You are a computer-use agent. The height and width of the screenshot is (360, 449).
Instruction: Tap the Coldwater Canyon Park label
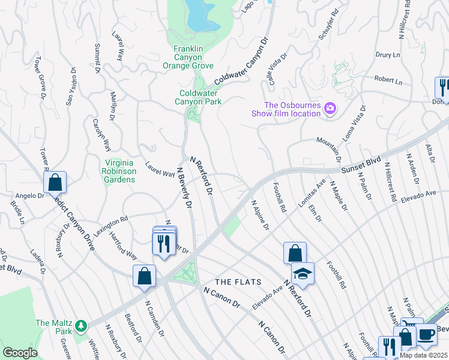[200, 97]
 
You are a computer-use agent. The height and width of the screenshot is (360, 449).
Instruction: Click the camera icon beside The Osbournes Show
[330, 109]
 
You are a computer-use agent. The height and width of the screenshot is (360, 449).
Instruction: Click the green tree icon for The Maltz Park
[80, 326]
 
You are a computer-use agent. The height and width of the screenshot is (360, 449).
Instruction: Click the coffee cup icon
[427, 334]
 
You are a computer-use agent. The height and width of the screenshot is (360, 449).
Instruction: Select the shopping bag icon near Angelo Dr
[55, 182]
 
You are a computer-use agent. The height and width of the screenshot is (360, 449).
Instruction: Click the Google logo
[20, 353]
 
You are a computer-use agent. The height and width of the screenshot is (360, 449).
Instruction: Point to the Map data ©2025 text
[423, 355]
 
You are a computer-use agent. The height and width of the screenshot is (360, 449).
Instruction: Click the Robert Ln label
[388, 79]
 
